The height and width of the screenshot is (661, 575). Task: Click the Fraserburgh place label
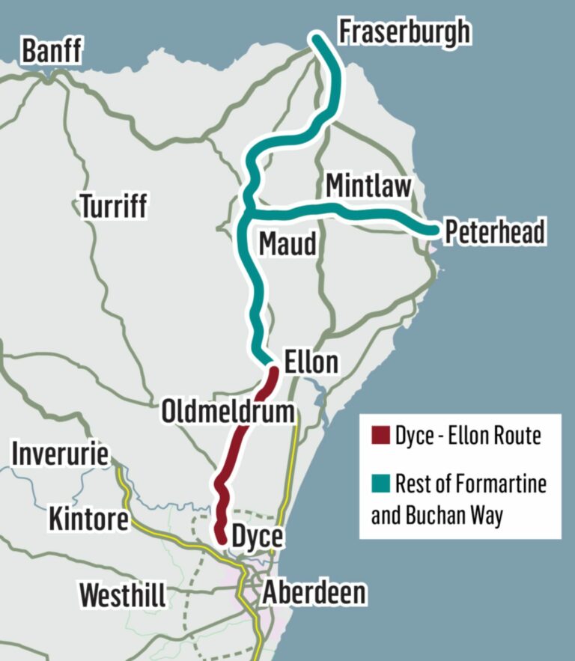click(405, 32)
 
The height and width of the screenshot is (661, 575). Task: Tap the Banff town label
click(52, 52)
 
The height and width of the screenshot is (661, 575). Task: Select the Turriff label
click(114, 205)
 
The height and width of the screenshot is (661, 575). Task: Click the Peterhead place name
click(494, 232)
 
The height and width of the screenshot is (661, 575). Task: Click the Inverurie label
click(60, 454)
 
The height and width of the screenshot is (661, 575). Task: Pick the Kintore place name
click(88, 519)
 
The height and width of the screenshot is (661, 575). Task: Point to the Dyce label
click(257, 537)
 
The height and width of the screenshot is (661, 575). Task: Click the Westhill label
click(123, 595)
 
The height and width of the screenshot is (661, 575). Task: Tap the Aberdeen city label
click(314, 592)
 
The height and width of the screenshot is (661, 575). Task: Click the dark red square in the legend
click(380, 436)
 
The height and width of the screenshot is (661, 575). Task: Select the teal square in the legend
click(380, 484)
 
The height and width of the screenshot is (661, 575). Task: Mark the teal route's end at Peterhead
click(433, 230)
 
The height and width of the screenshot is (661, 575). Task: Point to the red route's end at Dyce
click(222, 536)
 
